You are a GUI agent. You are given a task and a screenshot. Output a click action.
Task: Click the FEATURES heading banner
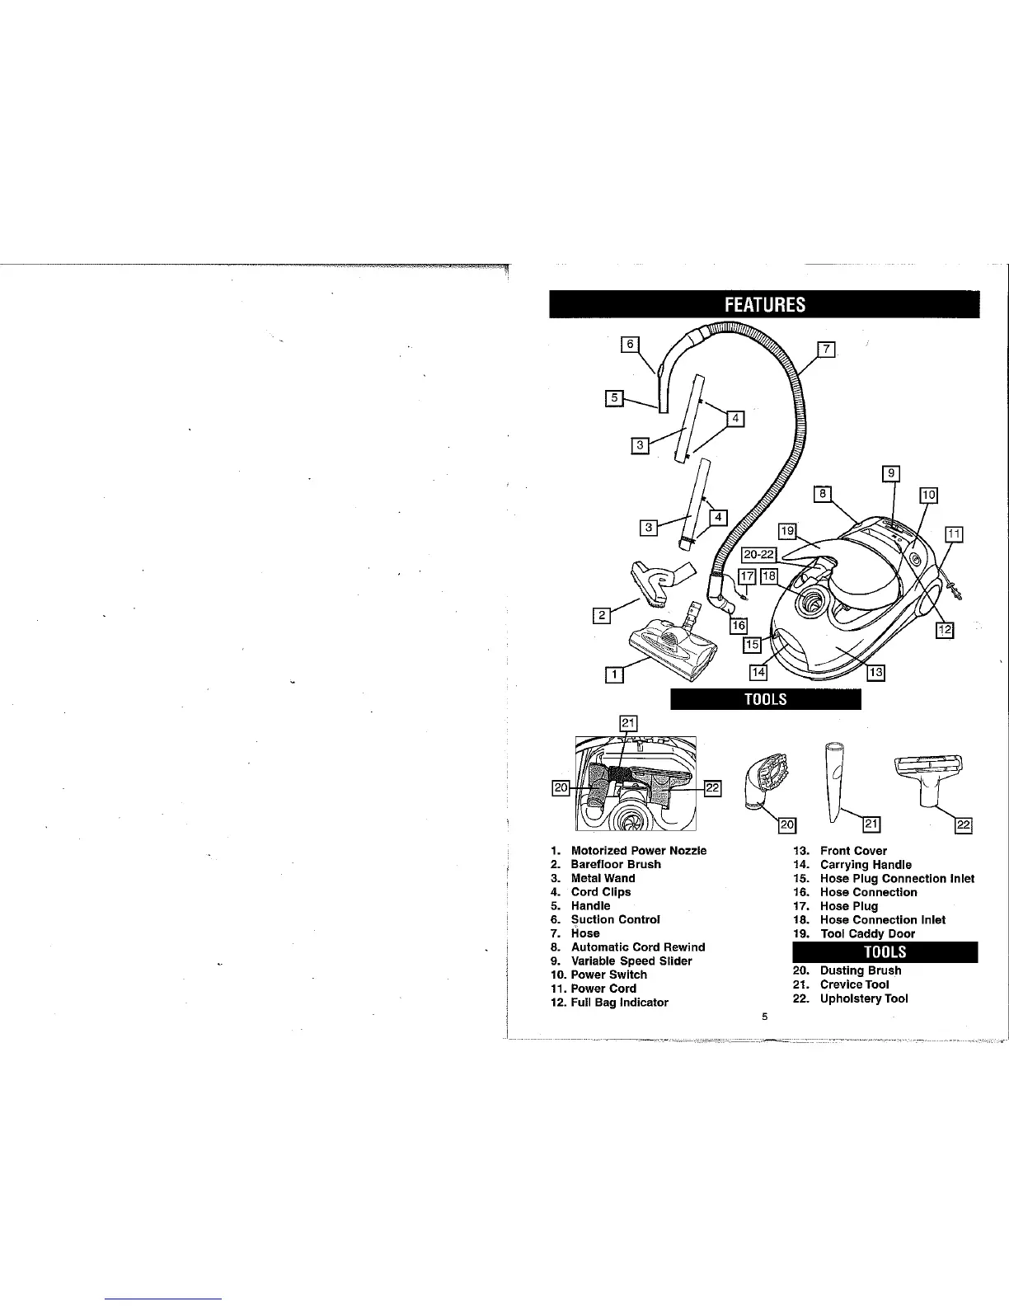[x=764, y=304]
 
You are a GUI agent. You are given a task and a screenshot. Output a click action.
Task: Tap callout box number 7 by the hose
[x=826, y=350]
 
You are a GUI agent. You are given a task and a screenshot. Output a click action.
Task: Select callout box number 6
[x=630, y=345]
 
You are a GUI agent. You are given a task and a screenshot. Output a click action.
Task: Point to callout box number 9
[x=890, y=473]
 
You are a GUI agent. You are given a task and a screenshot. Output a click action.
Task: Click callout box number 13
[x=875, y=673]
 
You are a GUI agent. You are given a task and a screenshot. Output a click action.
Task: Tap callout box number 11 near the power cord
[x=954, y=533]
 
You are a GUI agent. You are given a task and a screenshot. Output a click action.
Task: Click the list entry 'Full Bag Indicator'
[x=619, y=1003]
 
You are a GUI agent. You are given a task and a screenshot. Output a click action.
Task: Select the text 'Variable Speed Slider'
[x=631, y=961]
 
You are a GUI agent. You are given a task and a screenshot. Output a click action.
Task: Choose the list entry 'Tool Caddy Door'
[x=867, y=933]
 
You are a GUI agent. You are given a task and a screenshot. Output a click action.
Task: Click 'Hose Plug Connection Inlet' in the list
[x=897, y=878]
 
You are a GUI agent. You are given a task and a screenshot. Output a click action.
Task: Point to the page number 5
[x=764, y=1017]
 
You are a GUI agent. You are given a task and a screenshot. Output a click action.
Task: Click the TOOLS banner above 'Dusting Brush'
[x=885, y=951]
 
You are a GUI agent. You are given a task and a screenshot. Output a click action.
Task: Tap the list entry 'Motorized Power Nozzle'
[x=638, y=850]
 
